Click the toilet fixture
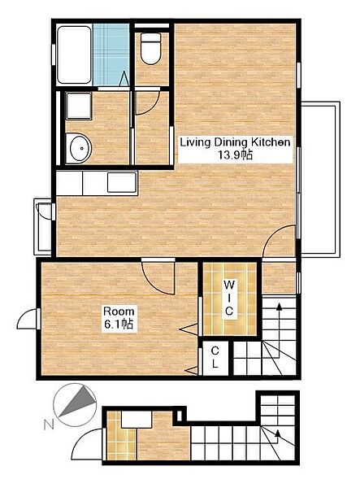pos(151,49)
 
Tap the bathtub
pos(74,54)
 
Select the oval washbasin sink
pos(79,149)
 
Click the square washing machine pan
pos(79,106)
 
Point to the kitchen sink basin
pos(122,182)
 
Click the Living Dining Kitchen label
pos(236,142)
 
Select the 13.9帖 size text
pos(235,155)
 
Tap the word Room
pos(119,311)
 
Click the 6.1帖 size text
pos(119,325)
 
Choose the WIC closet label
pos(229,298)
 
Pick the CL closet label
pos(215,357)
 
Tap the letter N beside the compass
pos(49,425)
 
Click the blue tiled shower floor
pos(111,54)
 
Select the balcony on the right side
pos(320,179)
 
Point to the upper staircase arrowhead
pos(280,307)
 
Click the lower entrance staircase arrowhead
pos(278,434)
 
